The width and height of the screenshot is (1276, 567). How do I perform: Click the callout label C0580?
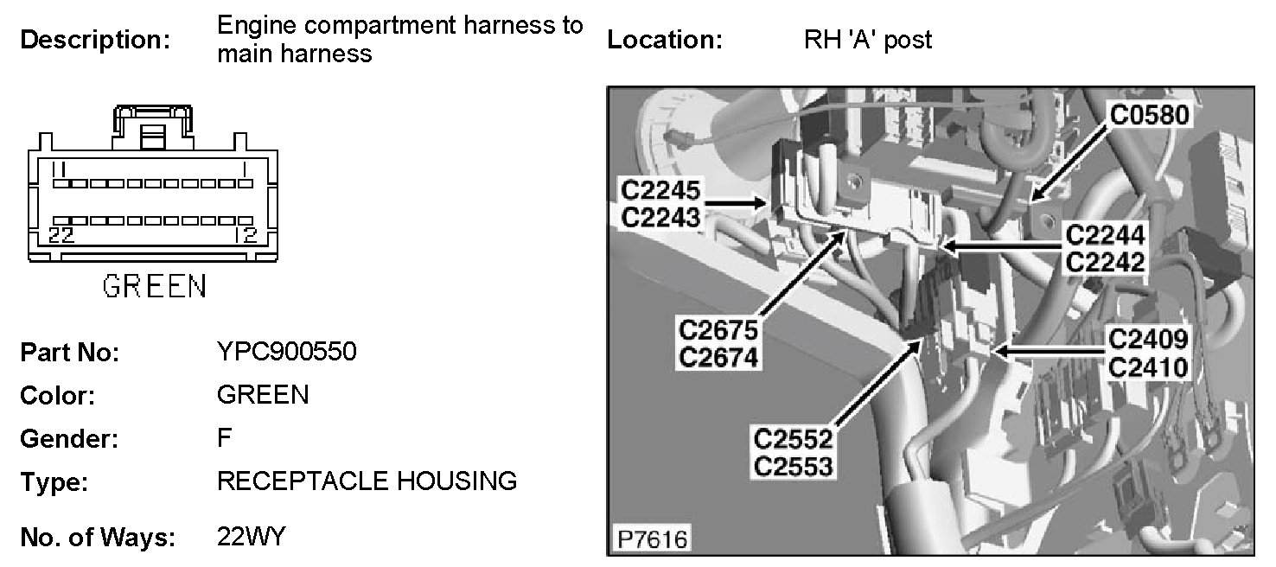(1150, 115)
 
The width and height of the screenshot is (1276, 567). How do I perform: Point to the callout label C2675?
(718, 329)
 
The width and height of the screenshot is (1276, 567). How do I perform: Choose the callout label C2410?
(1147, 367)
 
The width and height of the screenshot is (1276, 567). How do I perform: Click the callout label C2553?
(794, 466)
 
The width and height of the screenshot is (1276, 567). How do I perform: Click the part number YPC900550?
(286, 353)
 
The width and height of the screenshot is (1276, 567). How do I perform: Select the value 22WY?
(251, 537)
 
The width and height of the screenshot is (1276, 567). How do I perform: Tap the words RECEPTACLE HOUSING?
(367, 481)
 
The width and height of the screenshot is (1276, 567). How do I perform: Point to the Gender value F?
(225, 438)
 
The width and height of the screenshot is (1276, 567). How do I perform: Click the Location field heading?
(664, 40)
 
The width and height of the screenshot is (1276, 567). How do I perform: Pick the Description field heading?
(95, 40)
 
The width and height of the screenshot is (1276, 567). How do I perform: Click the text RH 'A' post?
(867, 40)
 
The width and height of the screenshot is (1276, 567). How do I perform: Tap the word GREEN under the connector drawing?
(155, 286)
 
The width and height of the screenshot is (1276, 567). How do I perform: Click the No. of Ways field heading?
(97, 538)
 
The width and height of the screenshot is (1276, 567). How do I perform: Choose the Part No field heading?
(69, 354)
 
